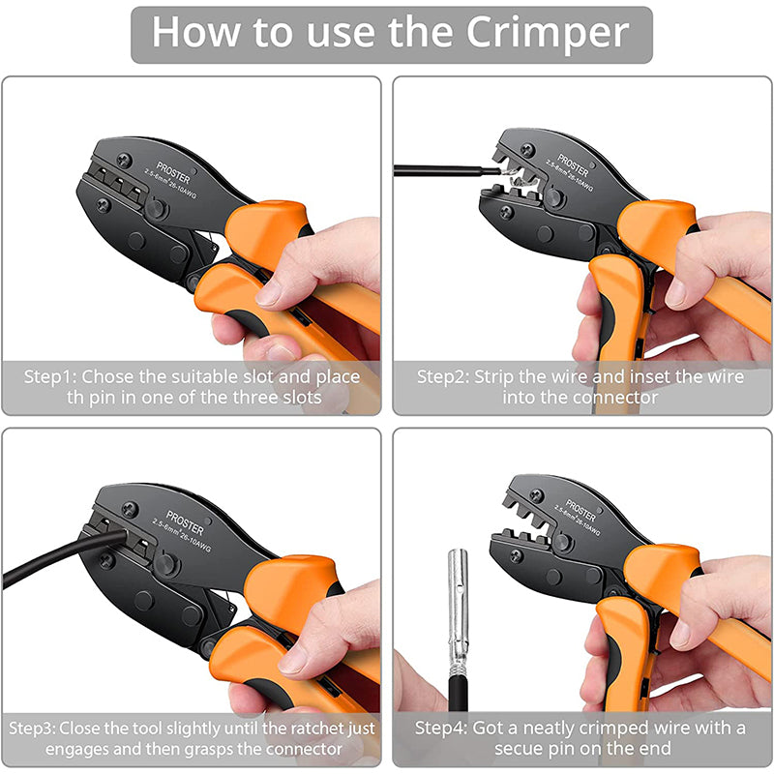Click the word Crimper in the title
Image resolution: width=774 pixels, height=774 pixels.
click(x=549, y=32)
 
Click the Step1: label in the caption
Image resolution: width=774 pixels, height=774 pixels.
click(x=52, y=376)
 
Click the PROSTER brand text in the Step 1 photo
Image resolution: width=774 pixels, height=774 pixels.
click(x=171, y=181)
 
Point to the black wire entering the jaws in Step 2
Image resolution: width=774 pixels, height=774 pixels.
click(x=435, y=169)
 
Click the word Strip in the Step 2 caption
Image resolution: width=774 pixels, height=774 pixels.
click(x=500, y=376)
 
